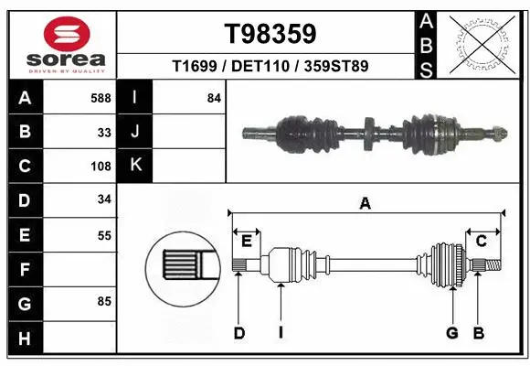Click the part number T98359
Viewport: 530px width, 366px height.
(x=270, y=34)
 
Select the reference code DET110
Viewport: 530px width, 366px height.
(x=270, y=67)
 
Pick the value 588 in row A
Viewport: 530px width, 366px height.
(x=100, y=98)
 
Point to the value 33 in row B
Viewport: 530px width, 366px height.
(x=104, y=132)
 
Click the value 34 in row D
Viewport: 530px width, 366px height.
(x=104, y=199)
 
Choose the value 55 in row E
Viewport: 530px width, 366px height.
(x=104, y=235)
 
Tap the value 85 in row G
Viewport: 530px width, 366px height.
(x=104, y=301)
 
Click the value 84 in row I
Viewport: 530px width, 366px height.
(x=214, y=98)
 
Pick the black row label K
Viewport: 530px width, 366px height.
(x=135, y=166)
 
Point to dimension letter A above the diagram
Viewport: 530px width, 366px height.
(x=365, y=204)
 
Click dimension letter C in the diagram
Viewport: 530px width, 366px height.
(x=480, y=241)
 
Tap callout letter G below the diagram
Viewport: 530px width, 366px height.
(x=451, y=333)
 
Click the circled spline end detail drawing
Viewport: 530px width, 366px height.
(x=178, y=267)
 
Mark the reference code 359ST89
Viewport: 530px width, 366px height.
(x=338, y=67)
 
